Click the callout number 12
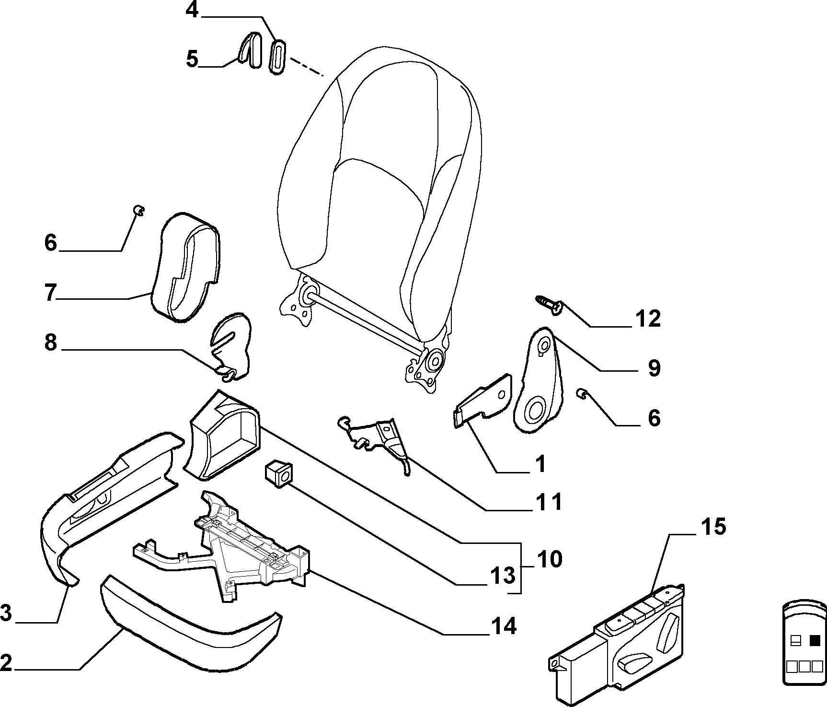[648, 319]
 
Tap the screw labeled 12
[549, 305]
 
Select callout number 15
[713, 527]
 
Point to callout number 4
[192, 10]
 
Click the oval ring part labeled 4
[278, 57]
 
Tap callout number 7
[51, 293]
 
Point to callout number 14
[503, 626]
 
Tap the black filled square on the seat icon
[814, 640]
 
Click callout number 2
[6, 663]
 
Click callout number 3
[6, 613]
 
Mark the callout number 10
[550, 559]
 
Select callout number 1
[540, 464]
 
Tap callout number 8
[51, 343]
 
